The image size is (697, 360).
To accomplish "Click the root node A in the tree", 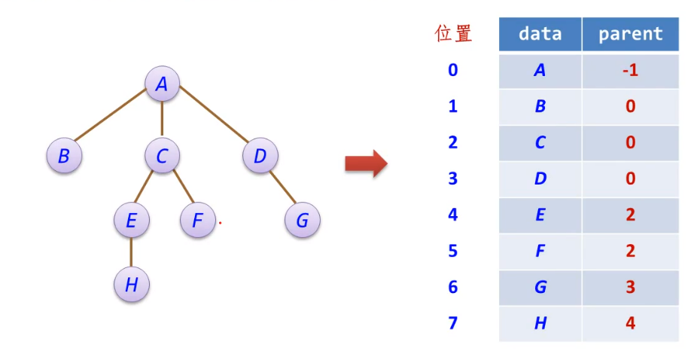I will [162, 85].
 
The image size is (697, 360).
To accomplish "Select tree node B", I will [64, 156].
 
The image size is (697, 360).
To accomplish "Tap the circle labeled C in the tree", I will [162, 156].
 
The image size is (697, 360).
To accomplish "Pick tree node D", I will [260, 156].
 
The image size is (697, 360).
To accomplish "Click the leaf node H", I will [132, 285].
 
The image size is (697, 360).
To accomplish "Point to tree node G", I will [303, 221].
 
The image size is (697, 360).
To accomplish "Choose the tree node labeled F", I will [198, 221].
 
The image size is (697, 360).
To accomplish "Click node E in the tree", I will [132, 221].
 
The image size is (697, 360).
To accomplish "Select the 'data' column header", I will [540, 34].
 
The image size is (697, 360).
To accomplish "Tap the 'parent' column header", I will [630, 34].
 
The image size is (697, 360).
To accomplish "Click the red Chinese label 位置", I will [453, 33].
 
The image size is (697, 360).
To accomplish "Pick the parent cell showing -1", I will [630, 70].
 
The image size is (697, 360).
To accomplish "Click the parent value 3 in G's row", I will [630, 287].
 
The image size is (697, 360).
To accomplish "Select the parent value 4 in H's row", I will [630, 323].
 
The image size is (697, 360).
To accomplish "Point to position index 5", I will [452, 251].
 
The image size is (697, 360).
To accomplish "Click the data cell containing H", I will [540, 323].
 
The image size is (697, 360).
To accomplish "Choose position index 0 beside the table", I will [452, 70].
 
